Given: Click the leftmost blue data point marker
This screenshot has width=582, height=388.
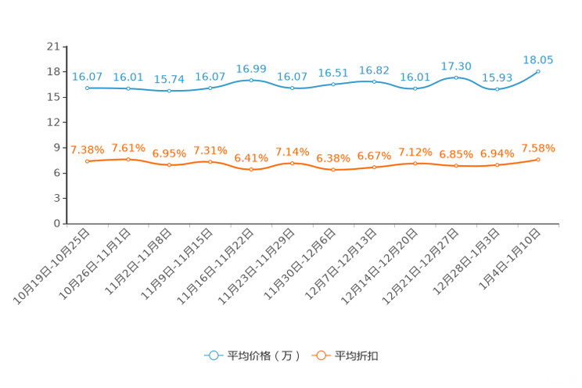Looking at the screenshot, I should coord(87,88).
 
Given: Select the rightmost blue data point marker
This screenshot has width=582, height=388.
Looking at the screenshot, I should coord(538,71).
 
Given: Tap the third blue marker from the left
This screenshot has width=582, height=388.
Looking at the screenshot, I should coord(169,91).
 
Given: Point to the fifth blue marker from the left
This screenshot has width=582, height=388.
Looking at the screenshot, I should coord(251,80).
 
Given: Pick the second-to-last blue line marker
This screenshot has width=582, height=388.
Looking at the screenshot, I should coord(497,89).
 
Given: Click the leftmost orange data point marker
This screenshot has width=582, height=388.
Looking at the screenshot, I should coord(87,161).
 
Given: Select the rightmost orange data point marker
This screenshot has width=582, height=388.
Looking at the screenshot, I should coord(538,159).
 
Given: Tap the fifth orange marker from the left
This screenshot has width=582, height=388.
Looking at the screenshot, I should coord(251,170).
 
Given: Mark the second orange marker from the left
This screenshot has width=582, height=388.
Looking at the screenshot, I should coord(128,159).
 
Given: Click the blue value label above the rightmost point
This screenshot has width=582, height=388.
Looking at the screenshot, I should coord(538,59).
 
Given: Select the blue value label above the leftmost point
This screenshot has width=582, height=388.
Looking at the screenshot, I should coord(87,76).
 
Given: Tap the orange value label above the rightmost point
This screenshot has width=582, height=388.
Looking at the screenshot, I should coord(538,148).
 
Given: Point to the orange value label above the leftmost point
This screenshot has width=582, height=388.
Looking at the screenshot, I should coord(87,149).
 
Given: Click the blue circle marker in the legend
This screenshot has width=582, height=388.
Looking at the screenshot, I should coord(214,355).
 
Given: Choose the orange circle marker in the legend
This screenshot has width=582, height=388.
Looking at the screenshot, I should coord(320,355).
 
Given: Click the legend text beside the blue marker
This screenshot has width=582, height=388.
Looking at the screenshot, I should coord(263,356).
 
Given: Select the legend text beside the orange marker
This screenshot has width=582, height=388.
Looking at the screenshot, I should coord(357,356).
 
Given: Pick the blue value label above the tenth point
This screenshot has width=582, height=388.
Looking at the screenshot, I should coord(456,66).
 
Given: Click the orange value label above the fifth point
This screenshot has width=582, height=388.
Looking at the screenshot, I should coord(251,158).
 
